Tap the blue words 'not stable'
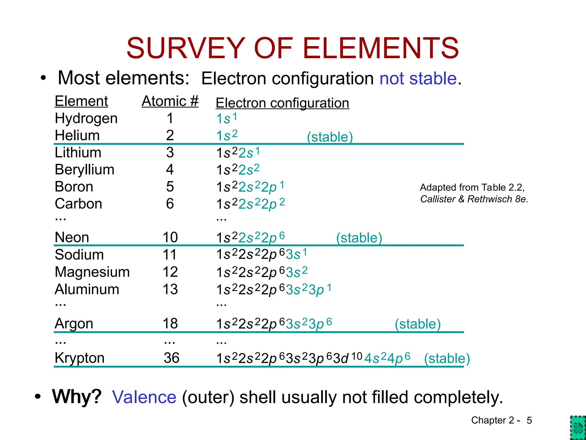click(418, 78)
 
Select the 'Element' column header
click(81, 101)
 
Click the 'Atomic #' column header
click(170, 101)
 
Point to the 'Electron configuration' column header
click(282, 103)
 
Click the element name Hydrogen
click(86, 118)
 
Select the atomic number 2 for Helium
click(170, 135)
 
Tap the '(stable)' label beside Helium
click(330, 137)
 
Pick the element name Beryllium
click(84, 170)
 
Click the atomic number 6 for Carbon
click(170, 204)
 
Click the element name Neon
click(72, 237)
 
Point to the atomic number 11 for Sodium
click(170, 255)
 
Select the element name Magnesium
click(92, 272)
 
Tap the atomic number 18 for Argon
click(170, 324)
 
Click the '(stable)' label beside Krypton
click(447, 358)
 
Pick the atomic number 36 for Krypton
click(171, 358)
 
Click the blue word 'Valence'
click(144, 397)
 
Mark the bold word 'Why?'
click(77, 396)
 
